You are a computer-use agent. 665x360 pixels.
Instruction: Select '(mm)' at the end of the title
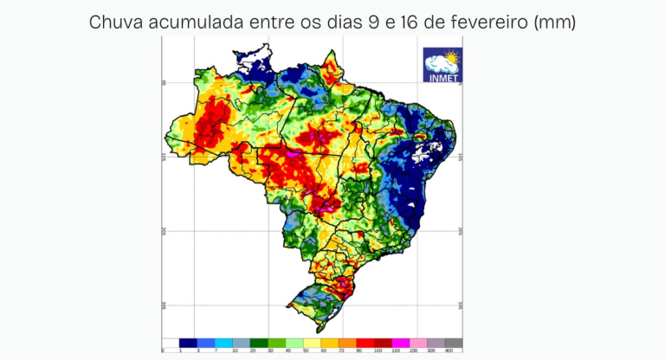click(x=555, y=22)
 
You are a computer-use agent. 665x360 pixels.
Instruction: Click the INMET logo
click(x=442, y=65)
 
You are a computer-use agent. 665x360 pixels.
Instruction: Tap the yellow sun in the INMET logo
click(x=451, y=57)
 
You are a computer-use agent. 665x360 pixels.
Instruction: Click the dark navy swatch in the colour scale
click(x=188, y=343)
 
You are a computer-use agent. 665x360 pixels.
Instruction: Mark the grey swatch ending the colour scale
click(x=453, y=343)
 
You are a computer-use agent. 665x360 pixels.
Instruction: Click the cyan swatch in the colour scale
click(x=223, y=343)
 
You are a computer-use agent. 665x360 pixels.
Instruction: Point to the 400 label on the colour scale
click(x=449, y=350)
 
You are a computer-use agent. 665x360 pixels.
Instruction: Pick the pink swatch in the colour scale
click(x=418, y=343)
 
